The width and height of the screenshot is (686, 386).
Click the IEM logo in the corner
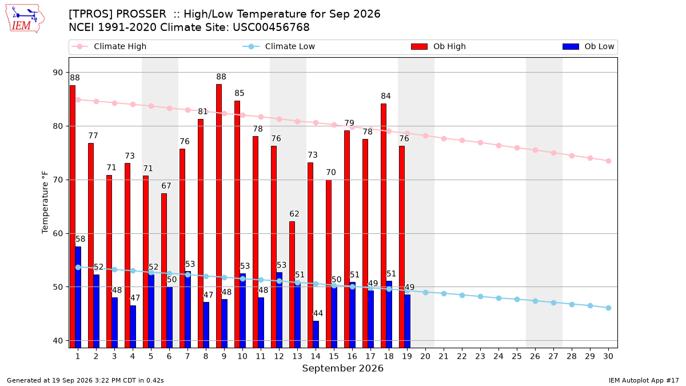pos(25,19)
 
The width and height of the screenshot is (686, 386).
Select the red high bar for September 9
pos(219,216)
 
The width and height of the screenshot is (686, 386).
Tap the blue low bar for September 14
pos(316,334)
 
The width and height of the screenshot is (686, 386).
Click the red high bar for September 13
pos(292,285)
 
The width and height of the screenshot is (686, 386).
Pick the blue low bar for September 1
pos(78,297)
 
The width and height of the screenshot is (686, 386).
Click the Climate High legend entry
pos(109,46)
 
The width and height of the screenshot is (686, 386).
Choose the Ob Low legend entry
pos(588,46)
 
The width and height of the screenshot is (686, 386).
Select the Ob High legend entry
pos(438,46)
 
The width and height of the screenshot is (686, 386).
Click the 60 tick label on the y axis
pos(58,233)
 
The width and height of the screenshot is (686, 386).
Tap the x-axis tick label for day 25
pos(517,356)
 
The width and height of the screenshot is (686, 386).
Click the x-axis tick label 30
pos(608,356)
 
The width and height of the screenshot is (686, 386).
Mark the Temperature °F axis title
pos(45,202)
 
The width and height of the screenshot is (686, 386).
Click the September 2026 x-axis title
pos(342,368)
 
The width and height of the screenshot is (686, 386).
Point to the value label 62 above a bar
pos(294,214)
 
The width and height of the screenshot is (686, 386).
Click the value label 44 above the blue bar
pos(318,313)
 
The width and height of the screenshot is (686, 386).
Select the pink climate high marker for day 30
pos(608,161)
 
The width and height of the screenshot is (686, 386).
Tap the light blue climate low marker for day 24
pos(498,298)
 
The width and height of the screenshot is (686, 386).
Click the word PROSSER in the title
pos(141,14)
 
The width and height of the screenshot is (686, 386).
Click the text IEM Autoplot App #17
pos(644,380)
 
